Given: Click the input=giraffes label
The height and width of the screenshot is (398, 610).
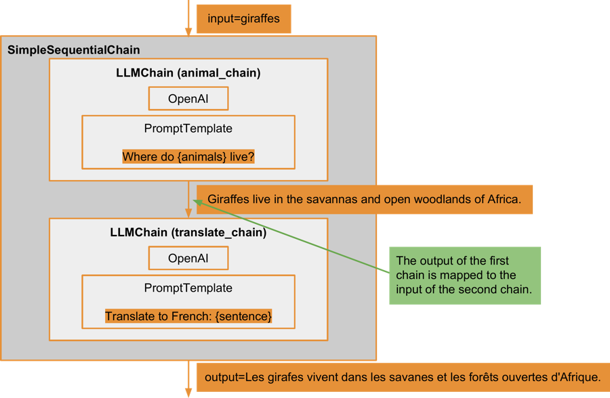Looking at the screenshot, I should (x=243, y=19).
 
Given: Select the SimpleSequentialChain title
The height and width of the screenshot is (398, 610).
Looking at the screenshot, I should (x=74, y=51).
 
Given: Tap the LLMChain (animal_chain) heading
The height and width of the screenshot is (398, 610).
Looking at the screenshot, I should (x=188, y=73).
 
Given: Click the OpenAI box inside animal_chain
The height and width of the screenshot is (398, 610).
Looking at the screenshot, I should (x=188, y=99).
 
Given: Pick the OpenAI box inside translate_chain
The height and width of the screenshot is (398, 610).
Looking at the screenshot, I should (x=188, y=259).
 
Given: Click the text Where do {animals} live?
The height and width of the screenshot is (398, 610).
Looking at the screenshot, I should (x=188, y=157).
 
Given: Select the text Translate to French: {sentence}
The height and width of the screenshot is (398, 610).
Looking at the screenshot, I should (x=188, y=316).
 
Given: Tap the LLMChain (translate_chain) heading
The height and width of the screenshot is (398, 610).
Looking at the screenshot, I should (x=188, y=233).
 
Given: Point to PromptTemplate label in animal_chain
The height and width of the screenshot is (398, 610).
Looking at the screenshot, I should (x=188, y=129).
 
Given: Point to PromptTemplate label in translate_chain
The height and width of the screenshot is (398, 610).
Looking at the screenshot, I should (x=188, y=288).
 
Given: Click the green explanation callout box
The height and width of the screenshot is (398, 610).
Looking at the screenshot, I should (x=464, y=275).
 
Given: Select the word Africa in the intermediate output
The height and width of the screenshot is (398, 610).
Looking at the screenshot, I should (x=503, y=200).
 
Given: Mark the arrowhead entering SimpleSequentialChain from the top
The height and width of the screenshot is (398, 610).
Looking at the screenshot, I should (x=188, y=30).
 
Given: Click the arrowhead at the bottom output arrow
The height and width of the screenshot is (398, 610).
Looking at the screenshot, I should (x=188, y=391).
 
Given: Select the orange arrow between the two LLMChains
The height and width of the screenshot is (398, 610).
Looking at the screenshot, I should (x=188, y=200).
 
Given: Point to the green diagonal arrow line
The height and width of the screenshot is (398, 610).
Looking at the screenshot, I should (x=298, y=234).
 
